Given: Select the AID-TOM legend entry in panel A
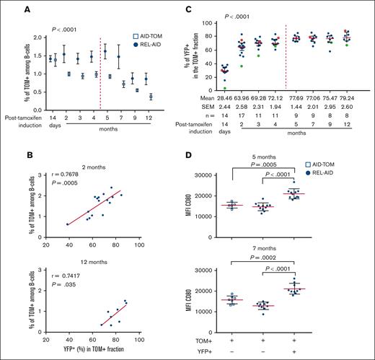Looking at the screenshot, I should click(138, 35).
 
